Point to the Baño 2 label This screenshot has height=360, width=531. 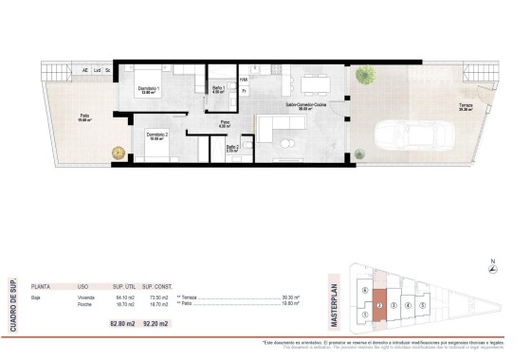coord(231,148)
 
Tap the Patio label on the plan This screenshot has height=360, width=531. coord(83,117)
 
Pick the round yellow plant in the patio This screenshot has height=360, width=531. coord(119,153)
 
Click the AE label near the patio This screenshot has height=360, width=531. coord(85,70)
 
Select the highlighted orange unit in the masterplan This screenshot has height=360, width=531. coord(378,305)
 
